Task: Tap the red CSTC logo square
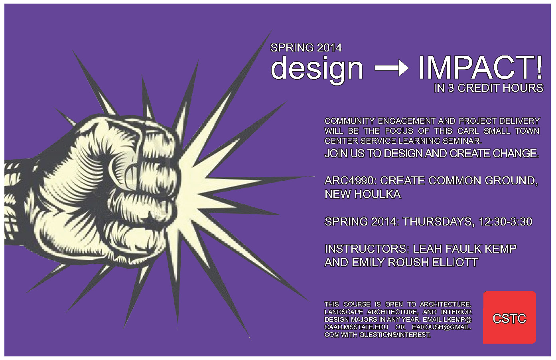point(509,317)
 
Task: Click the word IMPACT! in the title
point(480,67)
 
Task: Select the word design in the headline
point(317,69)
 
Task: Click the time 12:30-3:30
point(505,222)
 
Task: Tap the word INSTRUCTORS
point(367,249)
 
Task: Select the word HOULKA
point(377,194)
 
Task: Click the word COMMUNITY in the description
point(349,121)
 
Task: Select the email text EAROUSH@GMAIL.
point(442,327)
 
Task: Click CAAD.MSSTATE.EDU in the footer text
point(356,327)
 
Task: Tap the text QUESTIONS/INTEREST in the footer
point(395,335)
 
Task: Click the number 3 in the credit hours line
point(451,88)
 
